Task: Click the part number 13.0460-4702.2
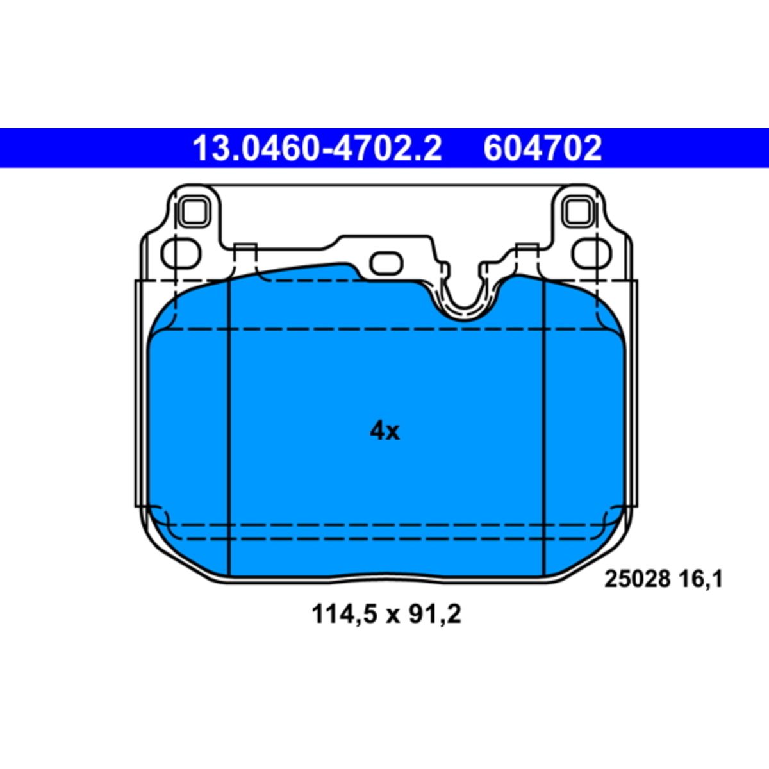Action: (x=317, y=148)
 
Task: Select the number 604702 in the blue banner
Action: (x=542, y=148)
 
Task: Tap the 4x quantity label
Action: (x=384, y=431)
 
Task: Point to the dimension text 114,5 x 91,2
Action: (x=386, y=615)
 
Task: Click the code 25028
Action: (x=637, y=579)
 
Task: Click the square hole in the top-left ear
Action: (x=194, y=212)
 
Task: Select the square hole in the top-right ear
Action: (x=577, y=212)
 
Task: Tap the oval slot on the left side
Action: (x=181, y=253)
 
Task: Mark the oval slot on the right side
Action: (x=591, y=253)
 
